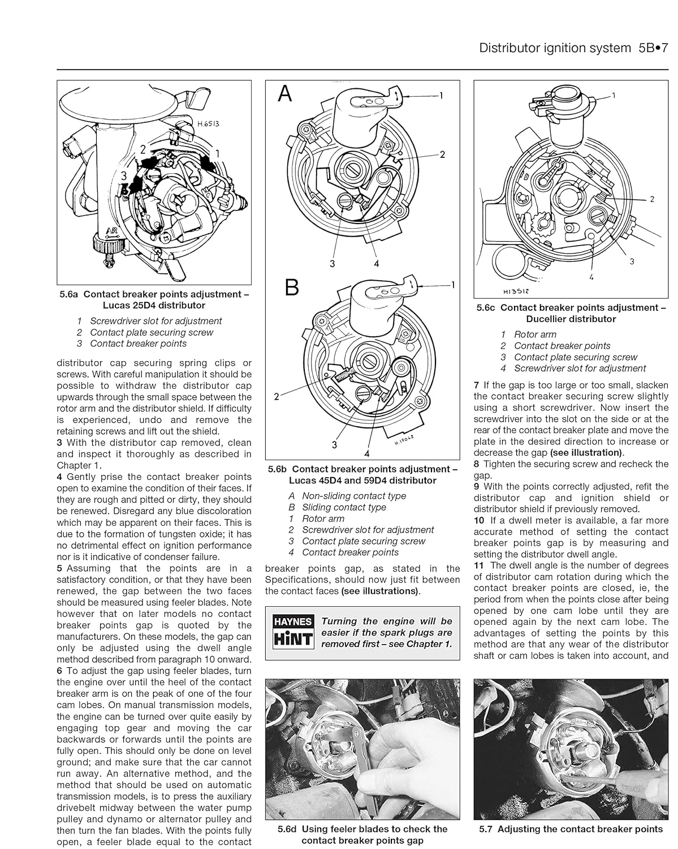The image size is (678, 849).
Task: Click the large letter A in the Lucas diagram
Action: click(x=286, y=94)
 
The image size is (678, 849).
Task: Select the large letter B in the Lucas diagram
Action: click(x=291, y=288)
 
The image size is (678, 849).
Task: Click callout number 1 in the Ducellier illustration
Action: click(x=614, y=96)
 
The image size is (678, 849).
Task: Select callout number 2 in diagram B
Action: click(x=277, y=396)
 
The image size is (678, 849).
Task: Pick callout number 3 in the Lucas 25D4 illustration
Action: click(x=124, y=176)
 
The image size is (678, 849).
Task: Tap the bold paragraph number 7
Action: click(x=477, y=385)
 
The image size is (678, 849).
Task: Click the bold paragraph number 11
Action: click(x=479, y=565)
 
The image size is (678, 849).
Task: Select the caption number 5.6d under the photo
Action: click(x=287, y=829)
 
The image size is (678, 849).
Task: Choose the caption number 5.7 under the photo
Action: click(x=486, y=829)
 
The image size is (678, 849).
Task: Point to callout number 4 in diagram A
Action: click(x=376, y=263)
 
